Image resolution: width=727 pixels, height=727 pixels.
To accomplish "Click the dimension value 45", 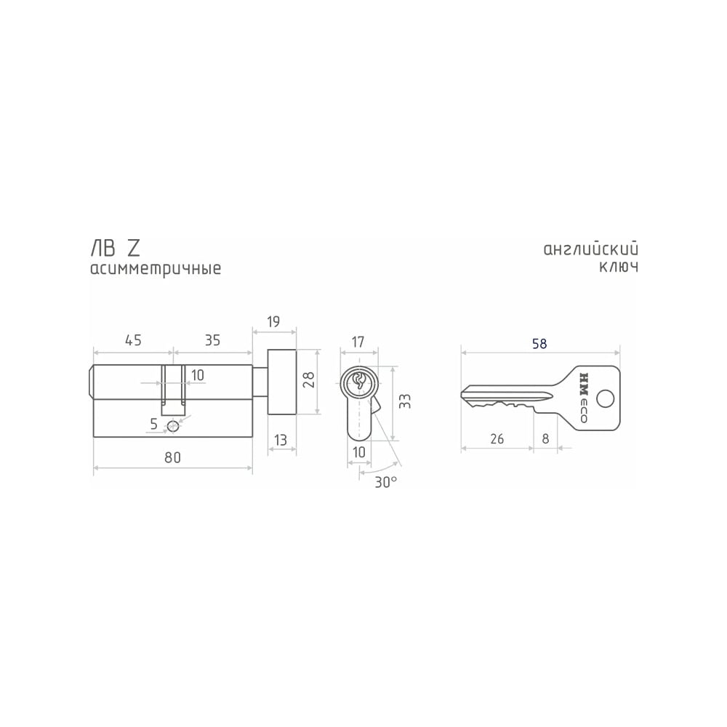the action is pyautogui.click(x=133, y=340).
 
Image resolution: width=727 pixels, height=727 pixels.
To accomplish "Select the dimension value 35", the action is pyautogui.click(x=212, y=340).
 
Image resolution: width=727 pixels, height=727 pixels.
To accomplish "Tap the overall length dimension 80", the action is pyautogui.click(x=172, y=457).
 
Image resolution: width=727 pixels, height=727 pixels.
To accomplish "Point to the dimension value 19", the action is pyautogui.click(x=273, y=322).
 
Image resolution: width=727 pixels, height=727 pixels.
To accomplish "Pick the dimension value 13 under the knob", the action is pyautogui.click(x=281, y=440).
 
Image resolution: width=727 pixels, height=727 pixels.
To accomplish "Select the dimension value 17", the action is pyautogui.click(x=358, y=342).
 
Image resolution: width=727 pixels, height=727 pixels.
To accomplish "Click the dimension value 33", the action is pyautogui.click(x=405, y=401).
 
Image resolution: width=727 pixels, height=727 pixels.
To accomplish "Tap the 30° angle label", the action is pyautogui.click(x=386, y=482).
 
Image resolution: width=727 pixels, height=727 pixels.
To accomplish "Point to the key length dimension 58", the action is pyautogui.click(x=539, y=344).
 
